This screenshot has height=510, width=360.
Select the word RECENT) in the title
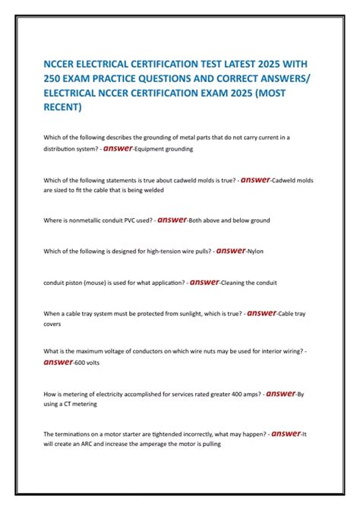62,107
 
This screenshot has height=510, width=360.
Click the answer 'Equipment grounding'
165,150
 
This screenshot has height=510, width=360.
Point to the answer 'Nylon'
256,251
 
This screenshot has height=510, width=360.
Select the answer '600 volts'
87,363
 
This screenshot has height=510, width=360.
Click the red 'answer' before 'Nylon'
229,250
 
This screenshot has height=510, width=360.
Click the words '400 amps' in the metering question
233,394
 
